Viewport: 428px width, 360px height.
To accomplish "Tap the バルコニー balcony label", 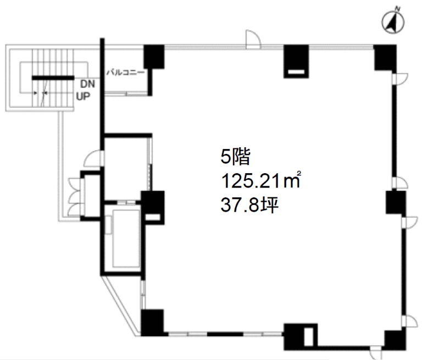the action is tap(125, 73).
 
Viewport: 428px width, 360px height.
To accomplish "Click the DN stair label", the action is tap(87, 84).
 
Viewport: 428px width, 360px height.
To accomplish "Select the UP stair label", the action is tap(83, 96).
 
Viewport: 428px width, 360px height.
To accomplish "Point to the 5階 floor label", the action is tap(235, 157).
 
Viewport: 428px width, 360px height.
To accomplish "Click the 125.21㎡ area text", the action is tap(261, 181).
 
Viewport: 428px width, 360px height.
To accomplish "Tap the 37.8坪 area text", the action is tap(249, 205).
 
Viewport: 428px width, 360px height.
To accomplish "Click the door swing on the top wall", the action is tap(253, 39).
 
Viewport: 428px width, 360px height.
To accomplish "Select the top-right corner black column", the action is tap(385, 58).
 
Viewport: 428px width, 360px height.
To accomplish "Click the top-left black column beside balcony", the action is tap(154, 57).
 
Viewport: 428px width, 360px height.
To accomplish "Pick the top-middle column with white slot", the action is tap(296, 62).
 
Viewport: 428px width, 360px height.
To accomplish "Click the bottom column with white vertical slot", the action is tap(301, 337).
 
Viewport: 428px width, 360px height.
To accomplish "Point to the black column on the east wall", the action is tap(396, 202).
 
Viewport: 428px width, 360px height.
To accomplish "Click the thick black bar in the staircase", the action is tap(53, 78).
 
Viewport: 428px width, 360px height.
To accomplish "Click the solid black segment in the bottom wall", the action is tap(225, 334).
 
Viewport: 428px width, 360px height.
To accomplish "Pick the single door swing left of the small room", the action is tap(93, 158).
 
